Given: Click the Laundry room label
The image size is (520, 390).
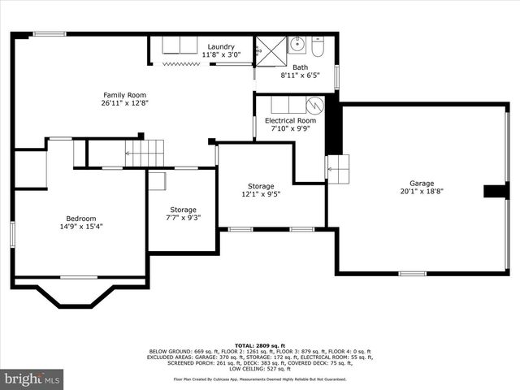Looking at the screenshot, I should click(220, 46).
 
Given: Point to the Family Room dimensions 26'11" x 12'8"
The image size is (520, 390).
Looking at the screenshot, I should click(125, 103).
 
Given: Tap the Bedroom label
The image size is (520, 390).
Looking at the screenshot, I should click(80, 218).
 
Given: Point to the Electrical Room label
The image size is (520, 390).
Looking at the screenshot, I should click(290, 120).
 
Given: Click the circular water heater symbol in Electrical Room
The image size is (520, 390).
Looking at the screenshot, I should click(314, 106).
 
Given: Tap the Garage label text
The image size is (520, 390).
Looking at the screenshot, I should click(421, 183).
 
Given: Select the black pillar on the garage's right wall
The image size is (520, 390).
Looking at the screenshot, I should click(495, 191).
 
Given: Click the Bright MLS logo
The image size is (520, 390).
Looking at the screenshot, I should click(32, 379).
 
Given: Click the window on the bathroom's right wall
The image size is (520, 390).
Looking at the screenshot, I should click(336, 75).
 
